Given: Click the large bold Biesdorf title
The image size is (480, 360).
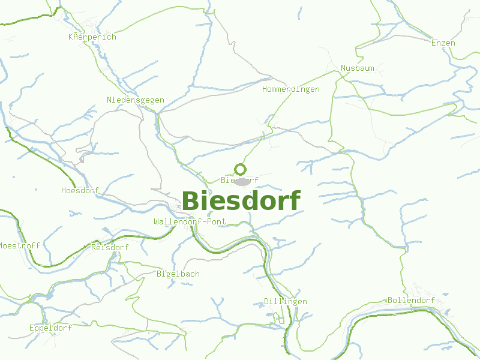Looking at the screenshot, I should pyautogui.click(x=241, y=201).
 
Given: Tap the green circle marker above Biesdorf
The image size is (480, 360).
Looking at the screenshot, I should pyautogui.click(x=241, y=169).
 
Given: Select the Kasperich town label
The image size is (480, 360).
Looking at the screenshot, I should pyautogui.click(x=92, y=37).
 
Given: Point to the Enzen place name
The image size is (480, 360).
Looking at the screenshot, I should pyautogui.click(x=443, y=43).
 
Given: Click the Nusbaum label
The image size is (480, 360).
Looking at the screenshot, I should pyautogui.click(x=357, y=68).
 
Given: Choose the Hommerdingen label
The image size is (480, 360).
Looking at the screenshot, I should pyautogui.click(x=291, y=89).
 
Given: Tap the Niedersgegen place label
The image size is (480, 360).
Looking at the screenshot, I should pyautogui.click(x=135, y=100).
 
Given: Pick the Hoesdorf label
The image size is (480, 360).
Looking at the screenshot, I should pyautogui.click(x=80, y=190).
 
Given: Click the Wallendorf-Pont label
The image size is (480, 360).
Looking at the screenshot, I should pyautogui.click(x=190, y=221).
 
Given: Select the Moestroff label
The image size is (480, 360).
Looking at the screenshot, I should pyautogui.click(x=19, y=245).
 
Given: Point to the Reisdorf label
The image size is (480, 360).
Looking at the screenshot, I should pyautogui.click(x=110, y=247).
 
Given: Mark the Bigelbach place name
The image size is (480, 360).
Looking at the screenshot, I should pyautogui.click(x=178, y=274).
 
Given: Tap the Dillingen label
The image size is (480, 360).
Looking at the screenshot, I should pyautogui.click(x=286, y=301).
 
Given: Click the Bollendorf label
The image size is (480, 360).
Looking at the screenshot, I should pyautogui.click(x=411, y=300).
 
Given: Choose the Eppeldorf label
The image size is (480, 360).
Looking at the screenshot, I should pyautogui.click(x=50, y=328).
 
